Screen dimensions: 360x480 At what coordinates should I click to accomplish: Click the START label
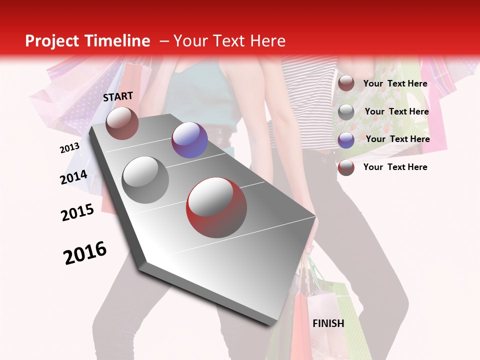(x=118, y=96)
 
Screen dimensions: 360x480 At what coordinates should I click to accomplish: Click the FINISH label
(x=328, y=323)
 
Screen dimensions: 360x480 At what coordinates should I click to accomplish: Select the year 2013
(x=69, y=147)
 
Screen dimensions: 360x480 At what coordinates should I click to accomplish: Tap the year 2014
(x=73, y=177)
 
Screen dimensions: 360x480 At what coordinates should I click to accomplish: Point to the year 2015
(x=77, y=212)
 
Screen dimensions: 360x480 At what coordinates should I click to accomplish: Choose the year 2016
(x=85, y=253)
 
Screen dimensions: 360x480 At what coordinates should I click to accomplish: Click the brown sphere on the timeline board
(x=122, y=123)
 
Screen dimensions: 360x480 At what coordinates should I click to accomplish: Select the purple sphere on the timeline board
(x=189, y=140)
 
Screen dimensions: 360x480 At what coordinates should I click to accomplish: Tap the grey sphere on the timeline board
(x=145, y=180)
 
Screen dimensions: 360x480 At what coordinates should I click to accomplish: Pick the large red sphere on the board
(x=216, y=207)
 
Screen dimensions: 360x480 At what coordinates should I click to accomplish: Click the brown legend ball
(x=346, y=83)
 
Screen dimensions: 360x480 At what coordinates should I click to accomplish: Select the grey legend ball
(x=346, y=112)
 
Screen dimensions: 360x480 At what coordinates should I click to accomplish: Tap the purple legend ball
(x=346, y=140)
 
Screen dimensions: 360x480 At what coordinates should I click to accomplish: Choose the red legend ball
(x=346, y=167)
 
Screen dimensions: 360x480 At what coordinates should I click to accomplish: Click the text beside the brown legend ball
(x=395, y=83)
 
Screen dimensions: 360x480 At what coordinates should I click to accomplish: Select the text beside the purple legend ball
(x=397, y=139)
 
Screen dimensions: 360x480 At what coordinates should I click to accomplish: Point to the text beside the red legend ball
(x=395, y=167)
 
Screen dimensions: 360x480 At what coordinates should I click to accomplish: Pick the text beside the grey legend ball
(x=396, y=111)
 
